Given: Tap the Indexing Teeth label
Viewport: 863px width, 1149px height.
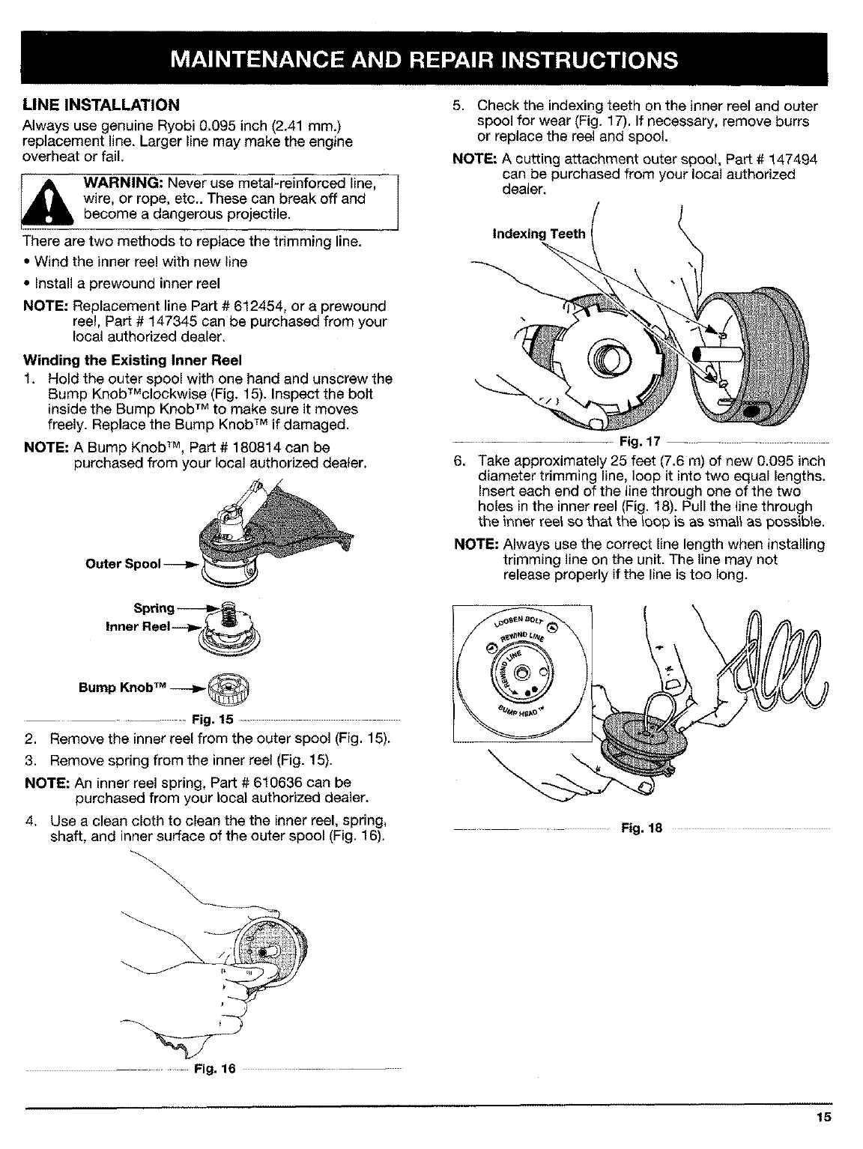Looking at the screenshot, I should click(538, 234).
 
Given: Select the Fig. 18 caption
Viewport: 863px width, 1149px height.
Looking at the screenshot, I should click(636, 828).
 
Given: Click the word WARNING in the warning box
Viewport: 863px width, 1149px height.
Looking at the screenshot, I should click(123, 184).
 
